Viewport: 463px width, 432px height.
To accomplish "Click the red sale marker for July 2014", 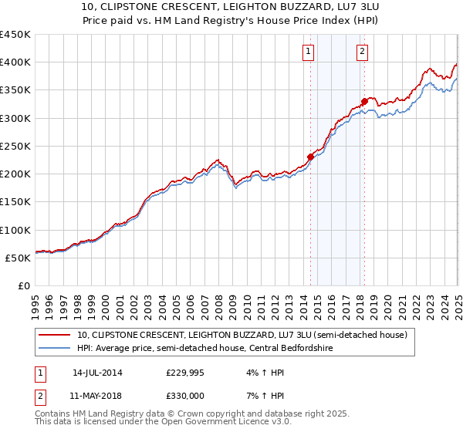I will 311,157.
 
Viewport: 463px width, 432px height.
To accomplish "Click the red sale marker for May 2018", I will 364,101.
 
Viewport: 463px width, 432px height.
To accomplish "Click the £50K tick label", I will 19,258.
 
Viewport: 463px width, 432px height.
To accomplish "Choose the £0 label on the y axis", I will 25,285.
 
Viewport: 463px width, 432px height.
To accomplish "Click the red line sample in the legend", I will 54,336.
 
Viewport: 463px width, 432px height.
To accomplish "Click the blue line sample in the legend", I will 54,348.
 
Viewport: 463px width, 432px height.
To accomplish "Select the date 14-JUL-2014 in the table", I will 97,373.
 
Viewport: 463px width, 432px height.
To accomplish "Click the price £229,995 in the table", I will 185,373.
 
